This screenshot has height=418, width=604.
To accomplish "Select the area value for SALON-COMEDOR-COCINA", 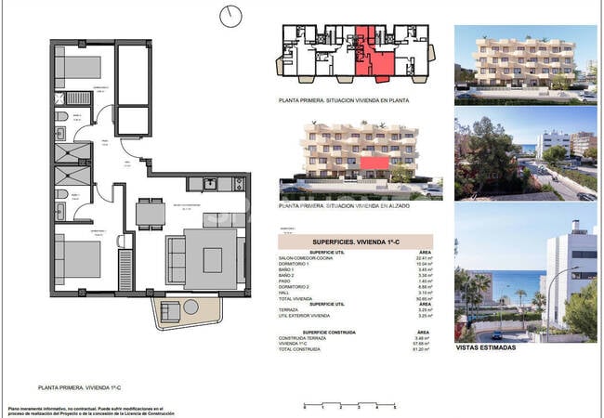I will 426,259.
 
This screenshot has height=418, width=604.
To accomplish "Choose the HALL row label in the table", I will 289,293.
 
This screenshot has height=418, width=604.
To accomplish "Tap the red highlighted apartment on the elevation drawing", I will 374,164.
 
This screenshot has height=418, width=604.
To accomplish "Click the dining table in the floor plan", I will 151,215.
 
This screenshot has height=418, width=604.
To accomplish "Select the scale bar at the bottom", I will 348,405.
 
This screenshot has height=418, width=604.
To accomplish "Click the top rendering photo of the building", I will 525,62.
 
